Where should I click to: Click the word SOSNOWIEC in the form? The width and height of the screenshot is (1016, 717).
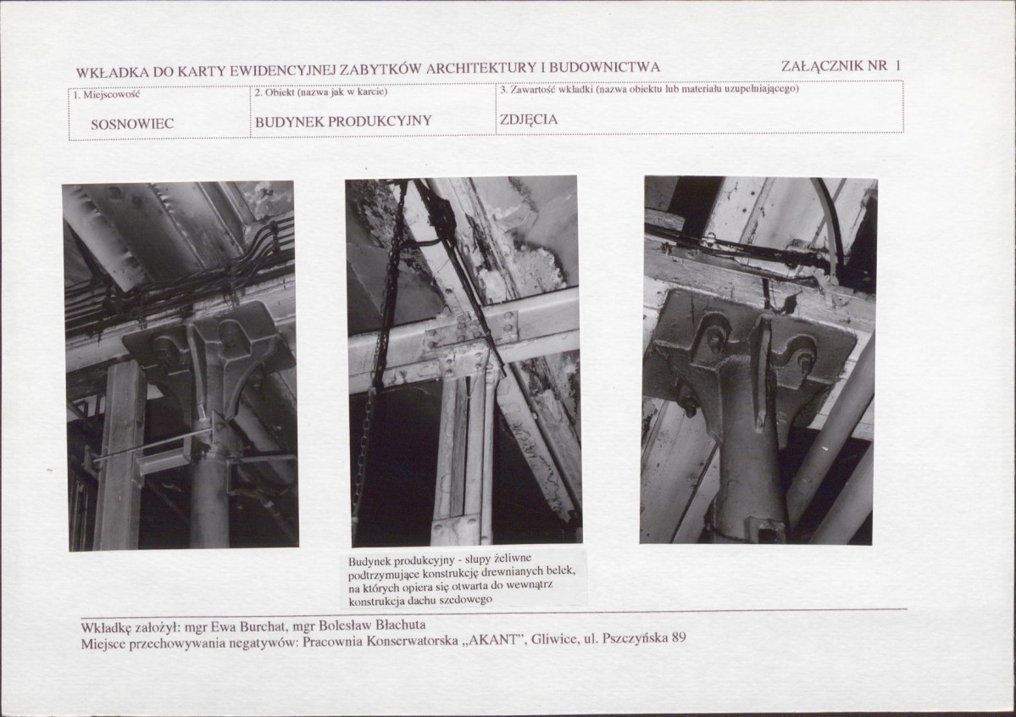pyautogui.click(x=132, y=124)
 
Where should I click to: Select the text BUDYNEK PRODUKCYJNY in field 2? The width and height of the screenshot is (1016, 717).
pyautogui.click(x=343, y=121)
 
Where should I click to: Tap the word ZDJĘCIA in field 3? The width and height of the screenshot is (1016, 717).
pyautogui.click(x=529, y=119)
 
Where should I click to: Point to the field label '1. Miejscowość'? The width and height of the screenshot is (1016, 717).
pyautogui.click(x=106, y=95)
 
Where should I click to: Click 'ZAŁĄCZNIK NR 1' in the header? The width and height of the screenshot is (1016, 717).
pyautogui.click(x=841, y=65)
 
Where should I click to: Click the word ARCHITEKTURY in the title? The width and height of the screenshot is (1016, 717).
pyautogui.click(x=482, y=68)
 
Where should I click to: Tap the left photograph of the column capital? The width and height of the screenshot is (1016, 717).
pyautogui.click(x=180, y=365)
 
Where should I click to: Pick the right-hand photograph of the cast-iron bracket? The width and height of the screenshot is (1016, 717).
pyautogui.click(x=758, y=360)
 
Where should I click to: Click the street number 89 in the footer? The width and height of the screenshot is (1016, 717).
pyautogui.click(x=679, y=638)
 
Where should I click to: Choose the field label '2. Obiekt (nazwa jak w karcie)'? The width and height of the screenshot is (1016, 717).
pyautogui.click(x=321, y=92)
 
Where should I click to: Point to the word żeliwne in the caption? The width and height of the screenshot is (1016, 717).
pyautogui.click(x=513, y=559)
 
